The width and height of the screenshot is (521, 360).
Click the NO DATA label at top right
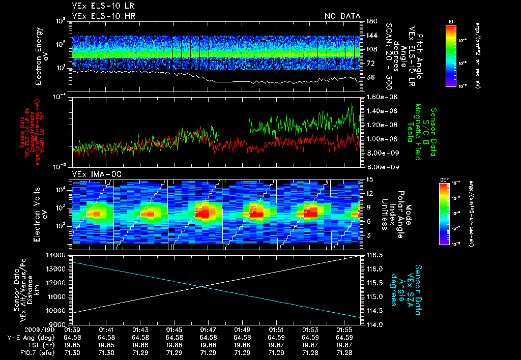tap(342, 16)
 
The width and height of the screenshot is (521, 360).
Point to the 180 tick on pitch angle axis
tap(368, 21)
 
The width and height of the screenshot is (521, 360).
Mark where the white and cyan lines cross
tap(202, 287)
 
